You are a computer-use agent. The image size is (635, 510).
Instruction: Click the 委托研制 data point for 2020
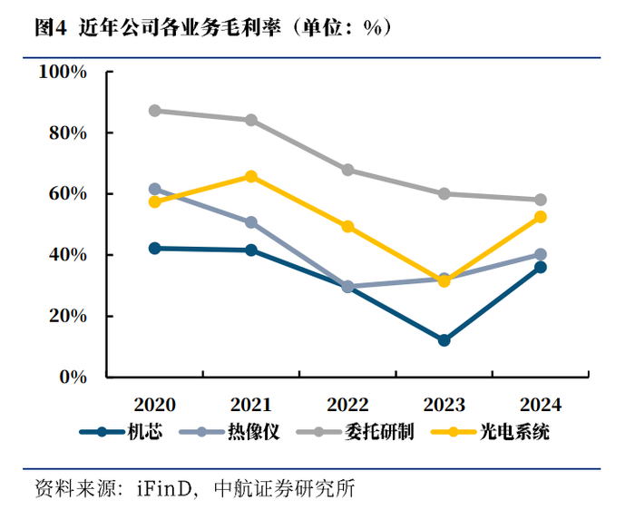pyautogui.click(x=155, y=111)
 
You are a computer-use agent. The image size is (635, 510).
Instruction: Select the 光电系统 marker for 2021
pyautogui.click(x=251, y=176)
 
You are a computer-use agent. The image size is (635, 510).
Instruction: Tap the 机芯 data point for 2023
pyautogui.click(x=444, y=340)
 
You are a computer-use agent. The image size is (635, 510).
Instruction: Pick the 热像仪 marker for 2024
pyautogui.click(x=541, y=254)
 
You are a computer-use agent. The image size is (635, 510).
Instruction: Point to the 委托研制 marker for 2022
pyautogui.click(x=347, y=170)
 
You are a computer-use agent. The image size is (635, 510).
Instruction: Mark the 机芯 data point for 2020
pyautogui.click(x=155, y=249)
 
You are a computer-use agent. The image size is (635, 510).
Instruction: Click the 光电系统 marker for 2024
pyautogui.click(x=541, y=217)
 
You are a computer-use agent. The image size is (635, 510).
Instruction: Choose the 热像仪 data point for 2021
pyautogui.click(x=251, y=222)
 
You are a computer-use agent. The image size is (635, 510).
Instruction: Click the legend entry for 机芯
pyautogui.click(x=121, y=431)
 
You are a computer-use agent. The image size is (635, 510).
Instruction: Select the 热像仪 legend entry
pyautogui.click(x=230, y=431)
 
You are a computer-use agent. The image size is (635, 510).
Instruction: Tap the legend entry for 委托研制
pyautogui.click(x=356, y=431)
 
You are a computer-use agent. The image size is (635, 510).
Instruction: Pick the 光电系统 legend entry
pyautogui.click(x=490, y=431)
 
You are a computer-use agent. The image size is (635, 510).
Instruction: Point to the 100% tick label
pyautogui.click(x=63, y=72)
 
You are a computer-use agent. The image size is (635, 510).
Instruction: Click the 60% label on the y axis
pyautogui.click(x=68, y=193)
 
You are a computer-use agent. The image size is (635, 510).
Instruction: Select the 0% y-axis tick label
pyautogui.click(x=73, y=377)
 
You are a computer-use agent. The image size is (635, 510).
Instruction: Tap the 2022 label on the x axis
pyautogui.click(x=347, y=404)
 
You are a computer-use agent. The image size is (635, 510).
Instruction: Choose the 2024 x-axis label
pyautogui.click(x=541, y=404)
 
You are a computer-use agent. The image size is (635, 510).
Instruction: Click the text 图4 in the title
pyautogui.click(x=50, y=27)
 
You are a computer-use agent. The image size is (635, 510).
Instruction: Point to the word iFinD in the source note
pyautogui.click(x=164, y=488)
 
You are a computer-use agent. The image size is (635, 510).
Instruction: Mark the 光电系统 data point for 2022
pyautogui.click(x=347, y=227)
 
